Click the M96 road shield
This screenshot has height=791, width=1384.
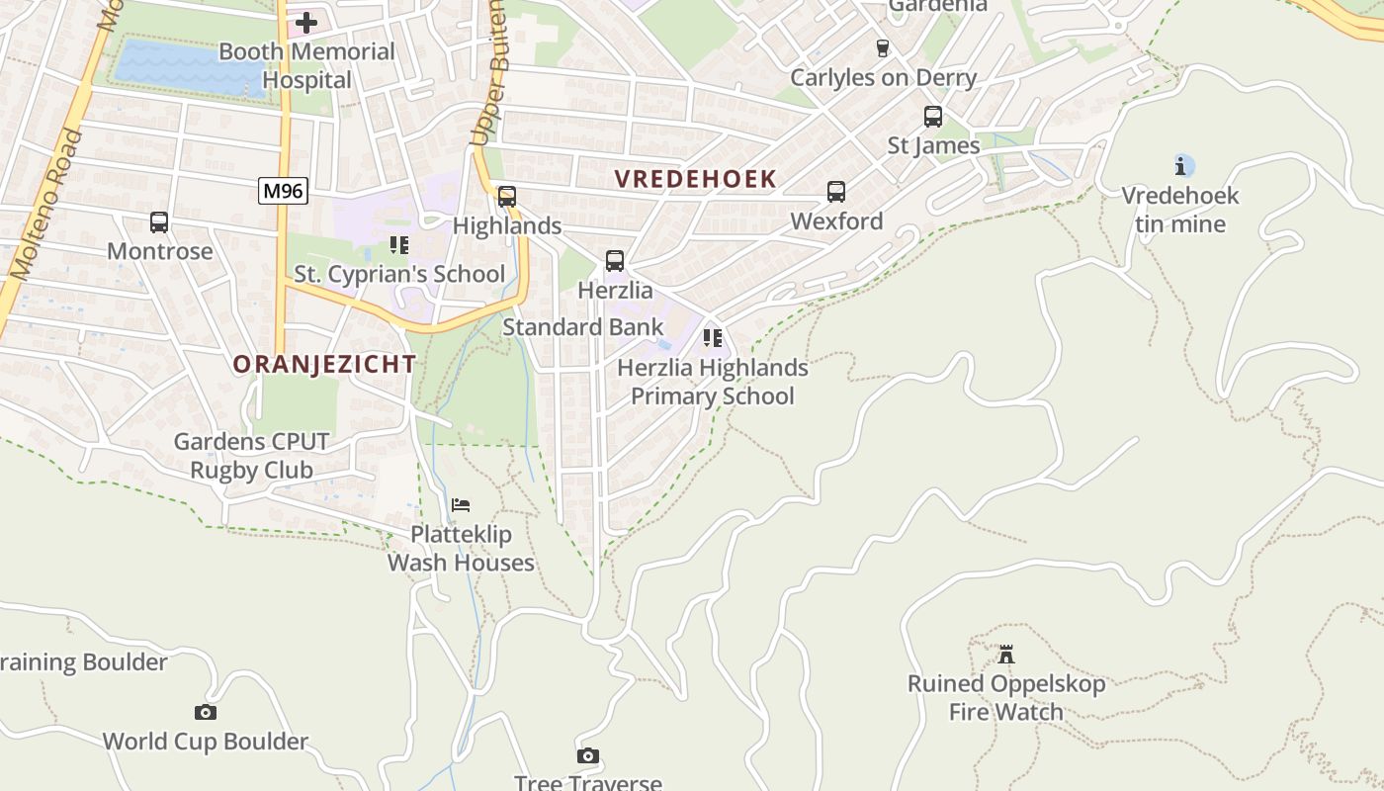tap(284, 191)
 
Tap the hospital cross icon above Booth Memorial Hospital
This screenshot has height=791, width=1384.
tap(306, 22)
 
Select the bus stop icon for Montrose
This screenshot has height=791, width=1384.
tap(159, 222)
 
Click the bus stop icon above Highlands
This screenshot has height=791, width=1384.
tap(507, 197)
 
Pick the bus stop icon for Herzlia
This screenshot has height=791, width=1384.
tap(615, 261)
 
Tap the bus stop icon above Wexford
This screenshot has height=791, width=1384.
tap(836, 192)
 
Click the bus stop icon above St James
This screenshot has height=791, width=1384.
tap(933, 117)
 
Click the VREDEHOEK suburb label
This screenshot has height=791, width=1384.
tap(695, 179)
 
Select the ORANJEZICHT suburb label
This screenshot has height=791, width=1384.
tap(324, 364)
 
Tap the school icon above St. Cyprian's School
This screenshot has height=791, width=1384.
tap(399, 244)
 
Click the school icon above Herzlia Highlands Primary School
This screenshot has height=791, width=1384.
tap(712, 338)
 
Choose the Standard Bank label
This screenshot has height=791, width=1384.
tap(583, 326)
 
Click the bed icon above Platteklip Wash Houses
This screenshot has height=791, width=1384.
tap(461, 505)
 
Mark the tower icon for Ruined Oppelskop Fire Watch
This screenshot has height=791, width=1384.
tap(1006, 655)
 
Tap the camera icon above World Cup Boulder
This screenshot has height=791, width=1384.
tap(206, 712)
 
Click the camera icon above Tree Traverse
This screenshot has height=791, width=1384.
tap(588, 756)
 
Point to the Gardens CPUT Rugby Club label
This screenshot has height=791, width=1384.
tap(251, 456)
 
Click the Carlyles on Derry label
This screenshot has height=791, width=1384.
tap(883, 77)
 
